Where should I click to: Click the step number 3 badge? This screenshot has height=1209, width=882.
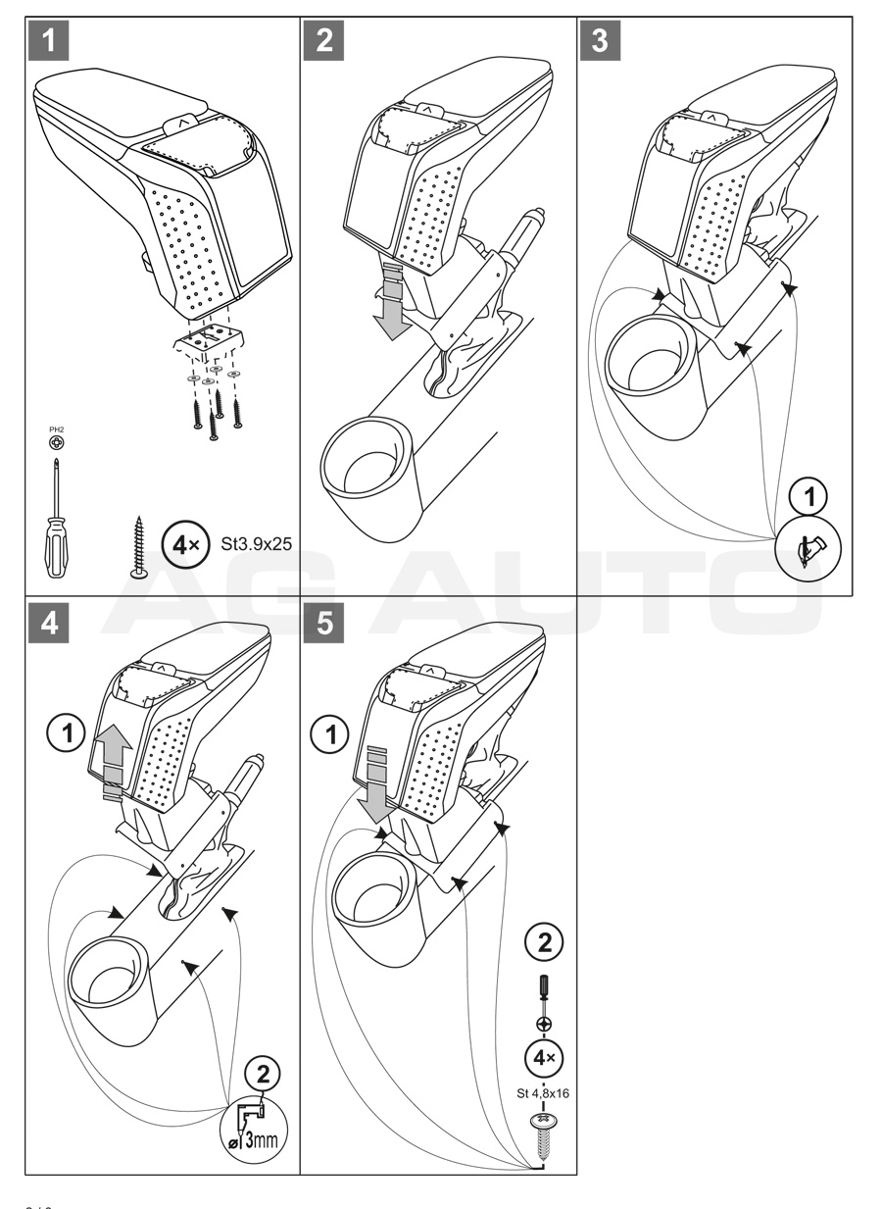[601, 41]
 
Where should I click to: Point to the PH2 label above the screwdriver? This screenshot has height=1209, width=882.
[58, 427]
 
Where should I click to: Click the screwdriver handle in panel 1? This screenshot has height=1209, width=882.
[55, 550]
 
